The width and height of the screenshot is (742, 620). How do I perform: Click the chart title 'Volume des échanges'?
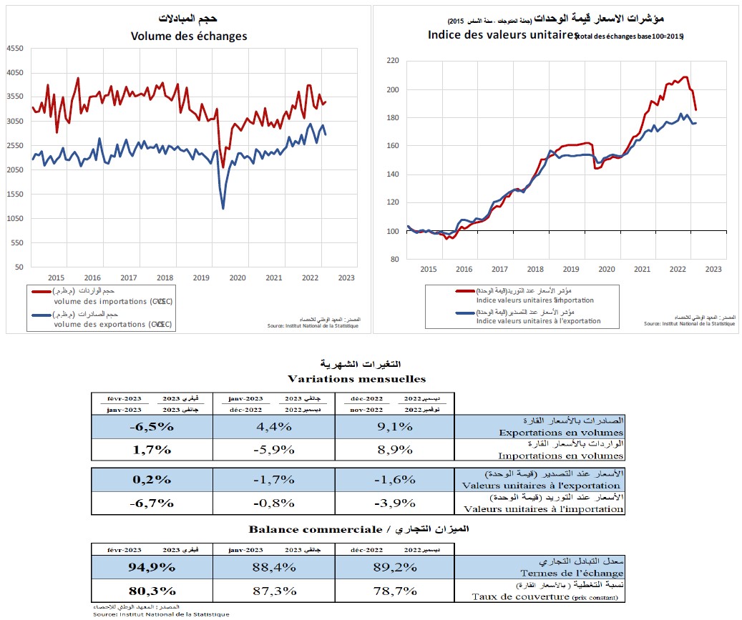pos(189,36)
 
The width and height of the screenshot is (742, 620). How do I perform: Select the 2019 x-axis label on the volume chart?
pos(201,277)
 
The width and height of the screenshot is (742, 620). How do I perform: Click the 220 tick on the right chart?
pos(392,61)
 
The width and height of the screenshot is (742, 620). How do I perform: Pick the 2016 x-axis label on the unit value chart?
pos(464,269)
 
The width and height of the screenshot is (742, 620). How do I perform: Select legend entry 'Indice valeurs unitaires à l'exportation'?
pos(534,321)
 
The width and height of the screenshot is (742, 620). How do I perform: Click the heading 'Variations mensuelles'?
pos(356,378)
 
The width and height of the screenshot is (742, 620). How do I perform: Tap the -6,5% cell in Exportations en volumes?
pos(152,427)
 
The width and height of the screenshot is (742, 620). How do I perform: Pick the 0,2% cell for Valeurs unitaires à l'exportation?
pos(152,479)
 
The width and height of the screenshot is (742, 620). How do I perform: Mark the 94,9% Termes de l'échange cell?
pos(152,568)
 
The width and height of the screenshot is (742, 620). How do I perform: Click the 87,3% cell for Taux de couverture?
pos(273,591)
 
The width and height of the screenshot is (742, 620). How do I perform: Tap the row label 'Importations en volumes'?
pos(561,456)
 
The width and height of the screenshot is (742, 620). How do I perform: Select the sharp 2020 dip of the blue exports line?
pos(223,208)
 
